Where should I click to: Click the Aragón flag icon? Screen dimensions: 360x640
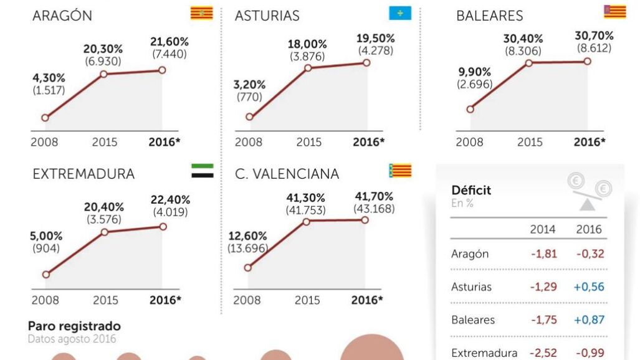coord(201,13)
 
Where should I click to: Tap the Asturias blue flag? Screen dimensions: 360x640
coord(399,13)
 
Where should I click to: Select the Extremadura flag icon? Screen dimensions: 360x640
coord(202,171)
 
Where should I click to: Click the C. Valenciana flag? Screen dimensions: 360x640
coord(400,171)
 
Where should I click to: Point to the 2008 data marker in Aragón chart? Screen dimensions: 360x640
coord(45,117)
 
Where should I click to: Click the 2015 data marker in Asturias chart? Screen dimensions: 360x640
coord(307,67)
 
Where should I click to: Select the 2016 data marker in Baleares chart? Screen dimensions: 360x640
coord(587,61)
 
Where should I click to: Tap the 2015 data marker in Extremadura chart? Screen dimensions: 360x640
coord(105,232)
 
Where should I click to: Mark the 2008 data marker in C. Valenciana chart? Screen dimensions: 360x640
coord(247,267)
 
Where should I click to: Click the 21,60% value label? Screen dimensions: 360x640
coord(170,42)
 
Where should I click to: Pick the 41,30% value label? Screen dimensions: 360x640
coord(305,197)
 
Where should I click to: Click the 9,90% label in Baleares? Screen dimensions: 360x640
coord(474,72)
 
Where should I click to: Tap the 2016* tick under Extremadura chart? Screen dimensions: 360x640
coord(165,300)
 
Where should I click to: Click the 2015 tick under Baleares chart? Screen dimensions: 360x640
coord(530,142)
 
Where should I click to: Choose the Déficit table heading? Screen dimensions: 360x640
coord(470,190)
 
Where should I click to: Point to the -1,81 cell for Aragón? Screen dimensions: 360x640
coord(543,253)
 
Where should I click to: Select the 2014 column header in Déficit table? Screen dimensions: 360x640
coord(543,229)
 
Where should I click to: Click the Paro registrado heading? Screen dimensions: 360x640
coord(74,326)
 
